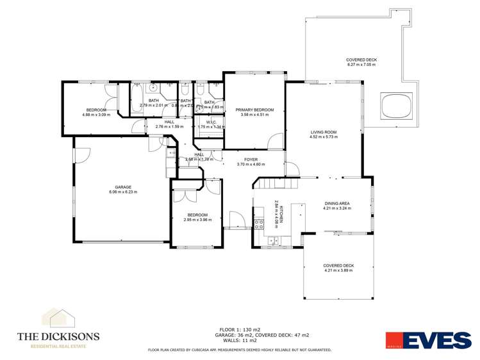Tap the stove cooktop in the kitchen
pyautogui.click(x=260, y=224)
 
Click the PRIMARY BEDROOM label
pyautogui.click(x=254, y=110)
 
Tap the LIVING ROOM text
pyautogui.click(x=323, y=132)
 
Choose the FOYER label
pyautogui.click(x=250, y=159)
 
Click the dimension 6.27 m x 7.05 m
pyautogui.click(x=361, y=65)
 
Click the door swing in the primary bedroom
pyautogui.click(x=274, y=142)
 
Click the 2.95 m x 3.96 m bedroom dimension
pyautogui.click(x=197, y=220)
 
